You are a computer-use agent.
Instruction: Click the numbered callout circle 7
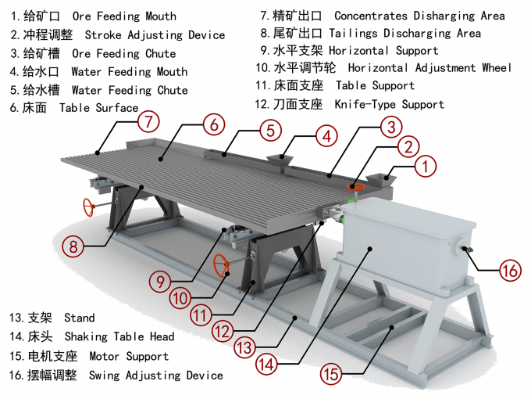[x=148, y=121]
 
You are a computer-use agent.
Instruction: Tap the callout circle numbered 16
[x=510, y=271]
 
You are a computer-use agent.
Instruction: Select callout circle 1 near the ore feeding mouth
[x=426, y=166]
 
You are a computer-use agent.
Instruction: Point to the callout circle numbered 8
[x=73, y=246]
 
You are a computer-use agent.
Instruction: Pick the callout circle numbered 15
[x=331, y=374]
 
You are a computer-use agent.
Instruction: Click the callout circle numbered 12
[x=223, y=331]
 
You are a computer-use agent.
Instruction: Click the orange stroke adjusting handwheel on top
[x=355, y=187]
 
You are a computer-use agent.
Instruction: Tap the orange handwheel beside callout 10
[x=222, y=266]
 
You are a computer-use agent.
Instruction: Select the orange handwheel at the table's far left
[x=89, y=207]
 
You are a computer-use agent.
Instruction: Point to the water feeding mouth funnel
[x=280, y=161]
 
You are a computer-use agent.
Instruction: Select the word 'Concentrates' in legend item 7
[x=371, y=16]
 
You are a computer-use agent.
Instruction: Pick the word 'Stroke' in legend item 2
[x=103, y=35]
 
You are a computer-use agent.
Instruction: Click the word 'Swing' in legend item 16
[x=105, y=376]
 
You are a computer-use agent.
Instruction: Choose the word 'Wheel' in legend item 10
[x=497, y=67]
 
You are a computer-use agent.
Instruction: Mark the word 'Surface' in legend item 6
[x=117, y=108]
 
